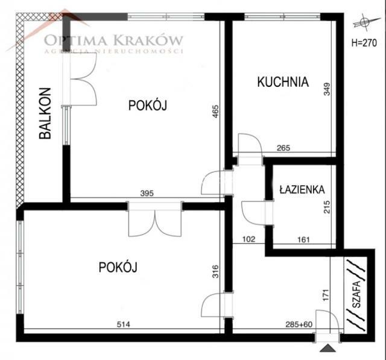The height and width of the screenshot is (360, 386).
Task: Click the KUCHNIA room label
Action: pos(283,82)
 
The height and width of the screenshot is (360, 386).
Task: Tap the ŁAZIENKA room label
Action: pos(302,189)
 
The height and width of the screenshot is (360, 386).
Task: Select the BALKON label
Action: pos(45,115)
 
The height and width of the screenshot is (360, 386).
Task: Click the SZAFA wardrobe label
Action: pos(356,294)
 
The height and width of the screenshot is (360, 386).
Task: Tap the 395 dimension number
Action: pos(147,194)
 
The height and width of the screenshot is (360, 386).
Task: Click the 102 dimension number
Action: pos(248,239)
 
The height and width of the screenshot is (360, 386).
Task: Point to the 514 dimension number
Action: pos(123,325)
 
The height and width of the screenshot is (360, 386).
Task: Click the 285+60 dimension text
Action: pos(300,325)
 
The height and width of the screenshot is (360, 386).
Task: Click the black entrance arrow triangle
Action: pos(326,348)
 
